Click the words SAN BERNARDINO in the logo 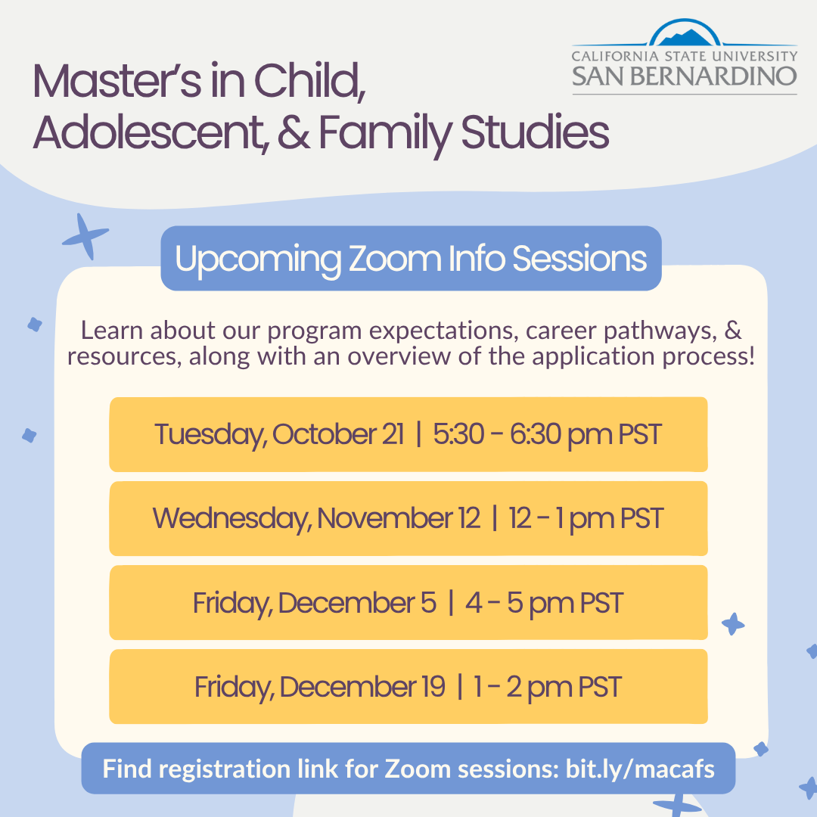coord(684,76)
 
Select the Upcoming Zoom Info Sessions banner coord(411,259)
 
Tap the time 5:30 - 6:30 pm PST coord(548,435)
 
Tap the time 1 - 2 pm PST coord(548,687)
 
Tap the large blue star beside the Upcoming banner coord(85,236)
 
